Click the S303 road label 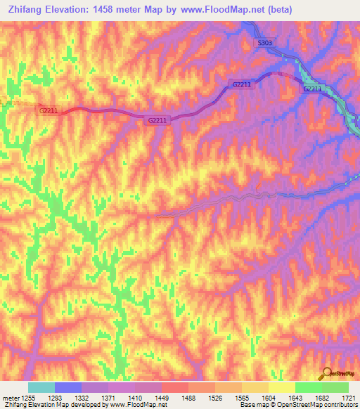coord(264,44)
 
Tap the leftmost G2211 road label coord(48,110)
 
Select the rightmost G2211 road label coord(312,89)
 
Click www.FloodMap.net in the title coord(218,10)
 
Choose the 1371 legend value coord(109,398)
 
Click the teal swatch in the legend coord(41,387)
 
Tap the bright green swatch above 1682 coord(308,387)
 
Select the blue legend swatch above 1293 coord(68,387)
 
